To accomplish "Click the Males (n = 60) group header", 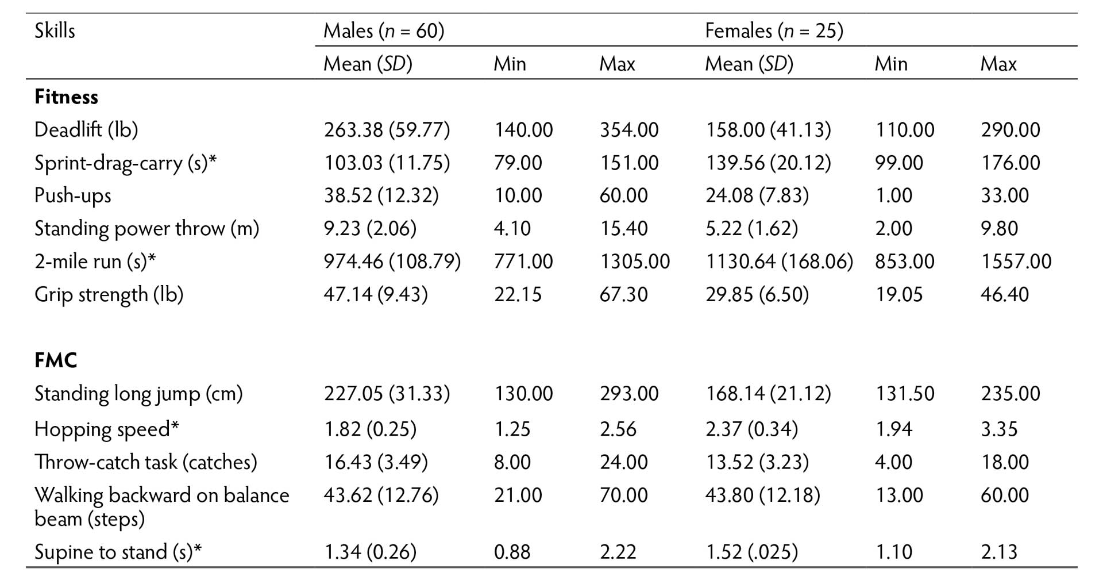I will [384, 30].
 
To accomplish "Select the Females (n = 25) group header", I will [774, 30].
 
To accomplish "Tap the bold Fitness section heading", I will [66, 97].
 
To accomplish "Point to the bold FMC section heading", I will [56, 360].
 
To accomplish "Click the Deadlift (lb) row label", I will [86, 130].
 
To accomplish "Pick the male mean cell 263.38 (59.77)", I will [387, 130].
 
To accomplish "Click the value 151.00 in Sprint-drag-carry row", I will [629, 163].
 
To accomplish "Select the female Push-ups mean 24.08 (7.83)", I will [757, 196].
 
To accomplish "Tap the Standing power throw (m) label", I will [146, 229].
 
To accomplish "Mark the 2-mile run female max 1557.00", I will [1016, 262].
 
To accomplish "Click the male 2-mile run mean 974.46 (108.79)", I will [392, 262].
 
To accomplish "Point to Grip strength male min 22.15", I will [518, 295].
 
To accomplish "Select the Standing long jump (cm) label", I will [138, 394].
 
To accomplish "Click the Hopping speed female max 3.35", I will [999, 429].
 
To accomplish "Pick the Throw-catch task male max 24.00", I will [623, 462].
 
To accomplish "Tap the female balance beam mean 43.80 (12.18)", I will [762, 495].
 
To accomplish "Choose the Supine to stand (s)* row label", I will [118, 552].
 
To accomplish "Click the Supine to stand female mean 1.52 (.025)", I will [751, 552].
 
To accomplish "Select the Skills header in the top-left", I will [55, 30].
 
